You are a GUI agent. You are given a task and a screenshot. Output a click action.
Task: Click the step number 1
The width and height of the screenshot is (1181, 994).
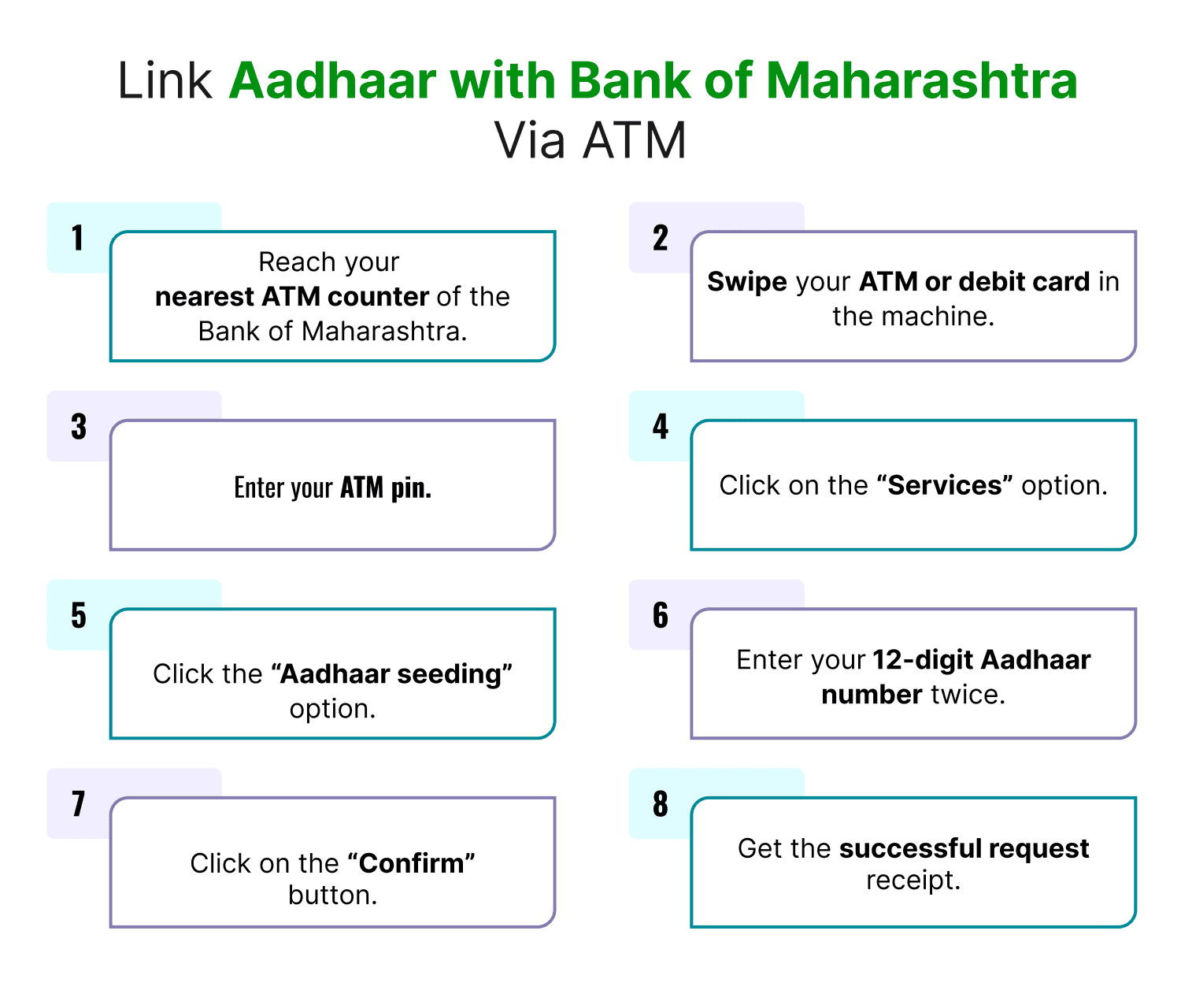[77, 238]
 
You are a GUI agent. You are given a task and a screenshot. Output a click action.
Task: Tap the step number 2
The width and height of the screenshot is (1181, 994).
[660, 238]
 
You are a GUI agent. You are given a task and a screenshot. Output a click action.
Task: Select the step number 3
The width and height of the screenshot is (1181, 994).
[79, 427]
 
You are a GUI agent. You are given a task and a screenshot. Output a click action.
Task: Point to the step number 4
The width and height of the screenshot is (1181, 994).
[660, 427]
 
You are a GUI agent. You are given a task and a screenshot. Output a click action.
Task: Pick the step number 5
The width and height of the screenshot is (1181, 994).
[79, 616]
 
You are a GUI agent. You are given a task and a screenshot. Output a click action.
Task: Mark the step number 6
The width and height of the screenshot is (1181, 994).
[660, 616]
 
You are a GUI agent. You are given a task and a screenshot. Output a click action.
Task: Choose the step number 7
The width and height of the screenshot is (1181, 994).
[78, 804]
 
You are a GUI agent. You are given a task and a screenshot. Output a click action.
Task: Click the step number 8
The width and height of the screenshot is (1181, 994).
[660, 804]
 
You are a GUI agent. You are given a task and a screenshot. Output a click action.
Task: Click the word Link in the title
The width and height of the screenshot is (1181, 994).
[165, 80]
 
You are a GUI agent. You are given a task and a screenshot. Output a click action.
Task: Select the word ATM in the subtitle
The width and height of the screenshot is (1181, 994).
[635, 141]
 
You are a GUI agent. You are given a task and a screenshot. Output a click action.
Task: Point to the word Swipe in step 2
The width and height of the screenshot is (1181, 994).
[746, 282]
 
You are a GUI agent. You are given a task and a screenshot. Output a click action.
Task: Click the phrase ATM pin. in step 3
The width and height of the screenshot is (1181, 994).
[386, 488]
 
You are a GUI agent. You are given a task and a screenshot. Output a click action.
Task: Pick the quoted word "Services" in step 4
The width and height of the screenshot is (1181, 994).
[945, 486]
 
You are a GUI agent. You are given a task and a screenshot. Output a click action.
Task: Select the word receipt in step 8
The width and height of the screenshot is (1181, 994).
[913, 881]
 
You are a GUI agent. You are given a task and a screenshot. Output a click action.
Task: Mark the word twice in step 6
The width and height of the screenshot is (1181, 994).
[968, 695]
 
